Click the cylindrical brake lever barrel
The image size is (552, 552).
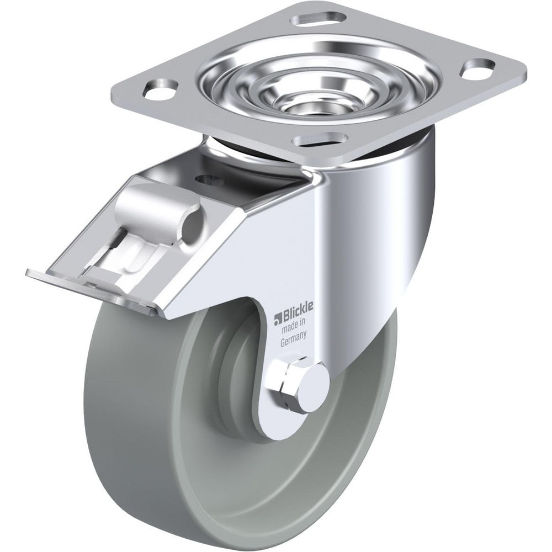coord(160,207)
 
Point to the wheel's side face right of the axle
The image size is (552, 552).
coord(359,420)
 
